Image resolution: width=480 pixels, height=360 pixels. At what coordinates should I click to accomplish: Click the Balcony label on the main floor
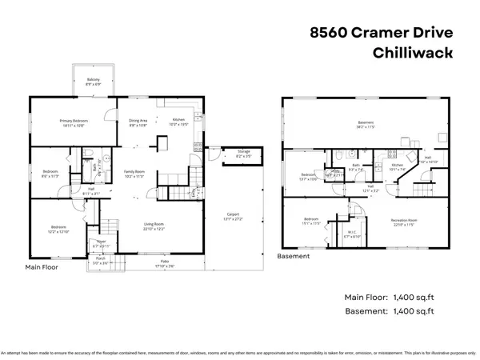click(x=93, y=79)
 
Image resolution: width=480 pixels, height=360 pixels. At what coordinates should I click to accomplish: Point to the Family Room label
click(x=133, y=173)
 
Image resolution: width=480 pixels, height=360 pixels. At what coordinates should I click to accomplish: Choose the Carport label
click(x=234, y=214)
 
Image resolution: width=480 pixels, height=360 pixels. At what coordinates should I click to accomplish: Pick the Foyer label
click(x=102, y=242)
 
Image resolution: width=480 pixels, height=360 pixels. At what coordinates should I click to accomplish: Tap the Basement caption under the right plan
click(x=294, y=257)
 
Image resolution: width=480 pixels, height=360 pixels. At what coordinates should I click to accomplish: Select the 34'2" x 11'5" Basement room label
click(x=366, y=123)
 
